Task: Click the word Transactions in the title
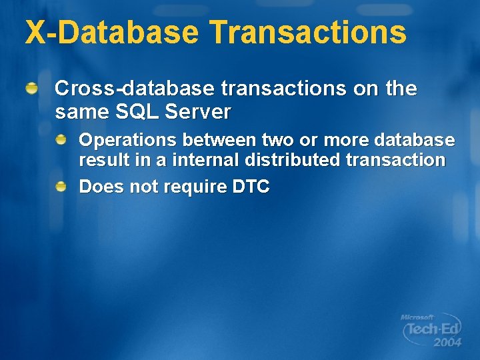(x=307, y=32)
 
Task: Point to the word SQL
(x=136, y=112)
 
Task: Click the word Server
(x=201, y=112)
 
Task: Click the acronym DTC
(x=250, y=187)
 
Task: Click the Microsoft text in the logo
(x=417, y=318)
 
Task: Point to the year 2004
(x=447, y=343)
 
